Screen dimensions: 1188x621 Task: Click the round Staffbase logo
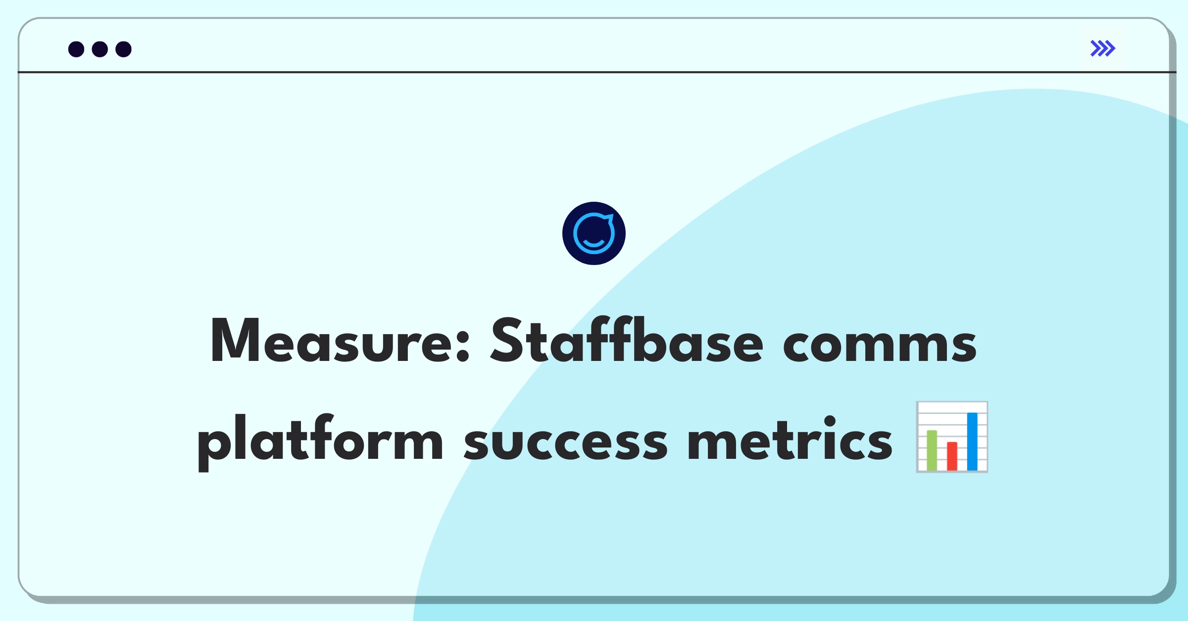594,233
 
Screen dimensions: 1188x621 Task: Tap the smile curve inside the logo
594,243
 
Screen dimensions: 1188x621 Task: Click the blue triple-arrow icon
1103,48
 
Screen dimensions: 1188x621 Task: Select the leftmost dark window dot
76,49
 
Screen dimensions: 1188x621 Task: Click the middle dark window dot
100,49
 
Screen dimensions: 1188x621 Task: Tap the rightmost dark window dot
124,49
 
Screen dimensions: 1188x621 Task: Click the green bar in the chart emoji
932,450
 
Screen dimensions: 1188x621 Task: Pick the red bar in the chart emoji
952,456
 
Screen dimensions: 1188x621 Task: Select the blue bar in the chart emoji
972,441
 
